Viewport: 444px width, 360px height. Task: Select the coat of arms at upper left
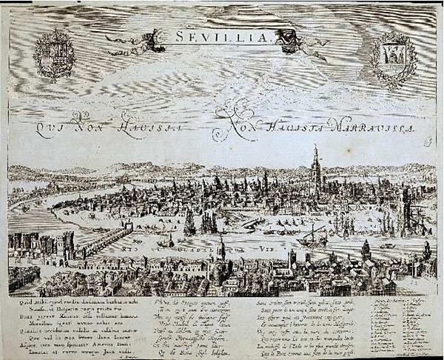click(54, 54)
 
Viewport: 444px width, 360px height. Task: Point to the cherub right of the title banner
click(300, 41)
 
